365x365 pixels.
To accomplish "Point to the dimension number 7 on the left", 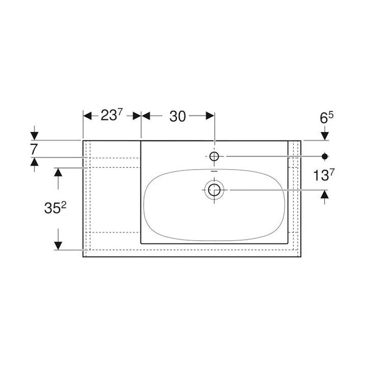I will (x=34, y=148).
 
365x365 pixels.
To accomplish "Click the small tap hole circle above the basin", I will (x=214, y=156).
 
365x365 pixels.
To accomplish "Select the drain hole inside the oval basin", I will (x=214, y=190).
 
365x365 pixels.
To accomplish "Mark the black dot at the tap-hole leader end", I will (x=324, y=156).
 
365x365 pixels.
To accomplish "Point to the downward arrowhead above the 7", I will (x=34, y=135).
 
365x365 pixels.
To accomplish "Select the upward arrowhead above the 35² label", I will (x=58, y=172).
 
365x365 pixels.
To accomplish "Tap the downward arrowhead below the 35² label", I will (x=58, y=245).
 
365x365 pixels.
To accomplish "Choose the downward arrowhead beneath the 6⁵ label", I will (x=324, y=135).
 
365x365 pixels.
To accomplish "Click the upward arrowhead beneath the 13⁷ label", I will (x=324, y=195).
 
